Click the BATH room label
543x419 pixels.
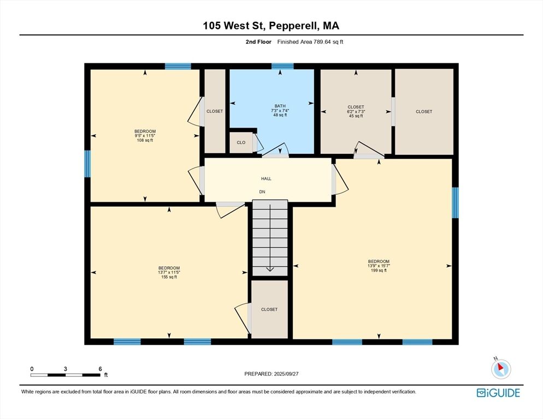tap(280, 106)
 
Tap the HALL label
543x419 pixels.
tap(266, 178)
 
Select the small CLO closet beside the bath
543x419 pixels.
tap(241, 142)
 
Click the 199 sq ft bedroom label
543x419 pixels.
tap(379, 266)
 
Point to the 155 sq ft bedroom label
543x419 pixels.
tap(169, 272)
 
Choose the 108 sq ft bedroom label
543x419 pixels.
tap(145, 136)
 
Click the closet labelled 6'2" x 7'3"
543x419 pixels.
tap(356, 111)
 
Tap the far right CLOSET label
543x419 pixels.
tap(424, 111)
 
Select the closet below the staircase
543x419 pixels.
tap(269, 309)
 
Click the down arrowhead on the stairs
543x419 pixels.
tap(270, 269)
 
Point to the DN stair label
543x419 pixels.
tap(262, 191)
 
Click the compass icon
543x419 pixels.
tap(501, 369)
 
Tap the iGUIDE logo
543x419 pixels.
tap(498, 393)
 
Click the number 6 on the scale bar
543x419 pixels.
tap(100, 369)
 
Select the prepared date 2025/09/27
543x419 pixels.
tap(286, 374)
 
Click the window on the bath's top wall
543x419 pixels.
tap(282, 66)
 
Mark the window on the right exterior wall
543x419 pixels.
tap(456, 203)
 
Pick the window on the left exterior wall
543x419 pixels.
tap(87, 164)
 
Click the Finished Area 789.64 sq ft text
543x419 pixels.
tap(310, 42)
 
